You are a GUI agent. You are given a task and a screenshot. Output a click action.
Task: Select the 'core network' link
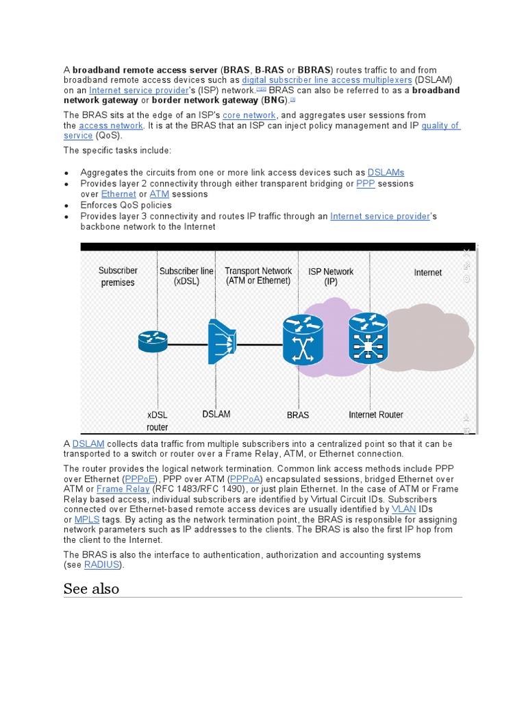point(249,115)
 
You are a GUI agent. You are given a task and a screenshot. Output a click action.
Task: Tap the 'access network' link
point(111,125)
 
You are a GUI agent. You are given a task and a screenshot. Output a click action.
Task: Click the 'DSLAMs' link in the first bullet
point(386,173)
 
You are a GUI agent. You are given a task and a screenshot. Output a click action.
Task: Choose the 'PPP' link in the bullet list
point(366,184)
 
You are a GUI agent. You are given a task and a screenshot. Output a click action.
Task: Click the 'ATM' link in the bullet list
point(159,194)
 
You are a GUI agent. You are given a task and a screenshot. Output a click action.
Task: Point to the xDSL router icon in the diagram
point(152,341)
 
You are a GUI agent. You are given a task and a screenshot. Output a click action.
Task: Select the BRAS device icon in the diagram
point(302,339)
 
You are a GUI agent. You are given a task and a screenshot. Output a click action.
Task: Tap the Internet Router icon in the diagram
point(368,338)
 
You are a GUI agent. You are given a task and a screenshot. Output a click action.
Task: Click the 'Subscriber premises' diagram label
point(118,276)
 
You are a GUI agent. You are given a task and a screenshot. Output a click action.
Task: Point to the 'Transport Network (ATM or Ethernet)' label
point(258,276)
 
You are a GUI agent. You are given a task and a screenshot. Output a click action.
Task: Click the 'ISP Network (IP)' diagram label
point(331,276)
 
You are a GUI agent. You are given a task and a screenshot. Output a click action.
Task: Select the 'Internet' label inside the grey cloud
point(428,272)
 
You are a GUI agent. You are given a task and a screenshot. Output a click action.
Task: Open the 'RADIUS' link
point(102,565)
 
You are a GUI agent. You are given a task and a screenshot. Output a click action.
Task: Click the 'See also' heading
point(91,588)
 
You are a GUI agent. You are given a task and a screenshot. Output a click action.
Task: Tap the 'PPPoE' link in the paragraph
point(140,479)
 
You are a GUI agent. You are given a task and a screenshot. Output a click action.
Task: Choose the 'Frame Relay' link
point(123,489)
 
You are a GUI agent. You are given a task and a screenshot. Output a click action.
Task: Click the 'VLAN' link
point(403,509)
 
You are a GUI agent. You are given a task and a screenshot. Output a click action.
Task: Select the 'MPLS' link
point(87,520)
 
